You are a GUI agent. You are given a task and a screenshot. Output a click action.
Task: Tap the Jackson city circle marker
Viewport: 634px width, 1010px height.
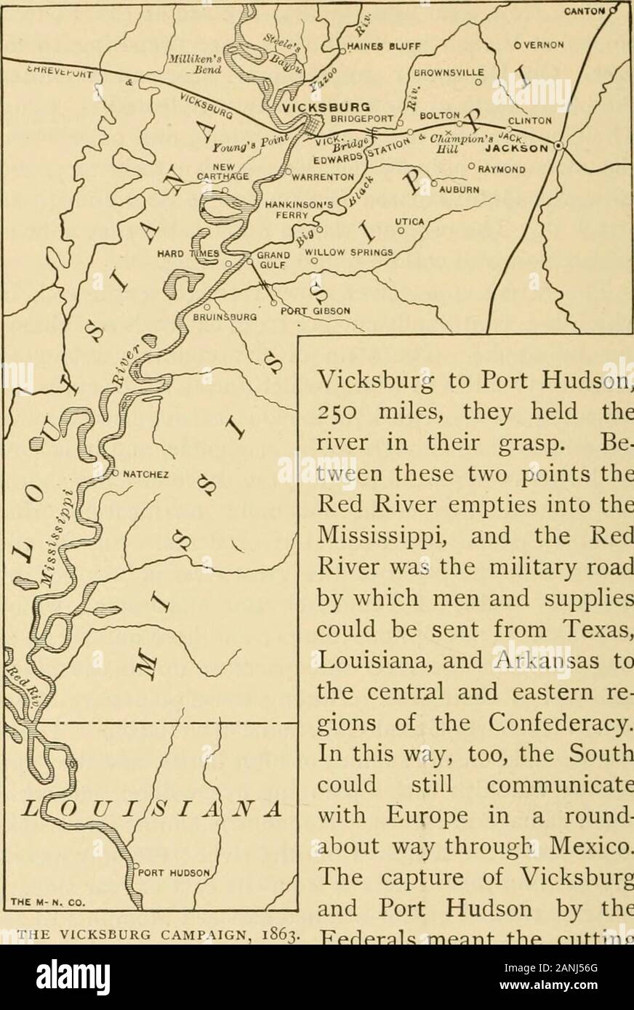[x=558, y=145]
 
